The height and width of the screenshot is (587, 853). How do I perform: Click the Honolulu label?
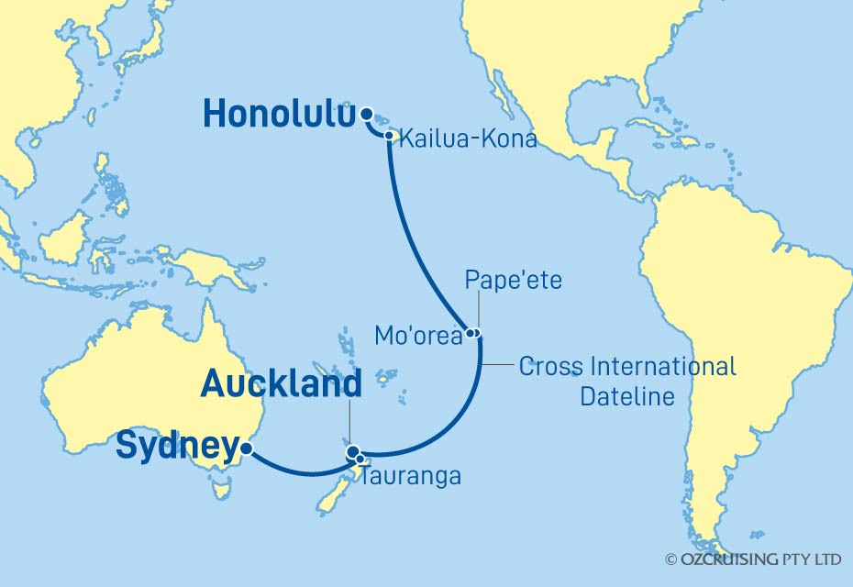[x=278, y=115]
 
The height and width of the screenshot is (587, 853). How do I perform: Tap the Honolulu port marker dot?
[x=367, y=115]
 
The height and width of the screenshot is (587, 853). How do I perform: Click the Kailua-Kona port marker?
[x=390, y=137]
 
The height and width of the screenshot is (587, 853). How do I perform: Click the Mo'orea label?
[x=418, y=337]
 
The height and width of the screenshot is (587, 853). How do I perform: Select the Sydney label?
[x=175, y=449]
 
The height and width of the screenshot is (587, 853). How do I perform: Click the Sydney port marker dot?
[x=245, y=449]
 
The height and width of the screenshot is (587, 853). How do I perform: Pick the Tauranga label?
[x=410, y=477]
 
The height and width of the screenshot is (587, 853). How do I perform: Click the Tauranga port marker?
[x=361, y=459]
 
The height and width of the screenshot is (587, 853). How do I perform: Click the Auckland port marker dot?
[x=352, y=451]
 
